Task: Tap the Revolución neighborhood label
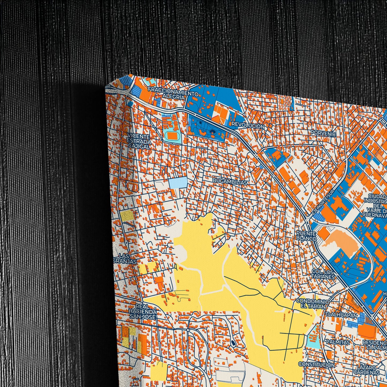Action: (248, 125)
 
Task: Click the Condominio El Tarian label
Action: (311, 304)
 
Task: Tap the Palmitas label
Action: (338, 342)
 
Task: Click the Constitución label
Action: (316, 365)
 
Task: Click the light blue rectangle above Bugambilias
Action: (178, 183)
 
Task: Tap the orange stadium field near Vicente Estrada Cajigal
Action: (172, 136)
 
